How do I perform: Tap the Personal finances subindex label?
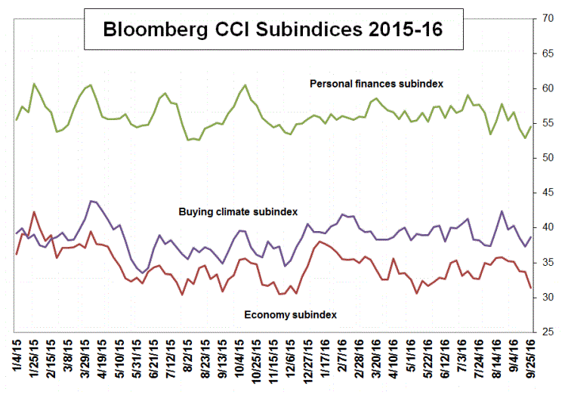(376, 83)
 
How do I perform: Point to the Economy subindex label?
(290, 313)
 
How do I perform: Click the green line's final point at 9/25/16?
(531, 126)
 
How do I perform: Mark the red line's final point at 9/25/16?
(531, 287)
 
